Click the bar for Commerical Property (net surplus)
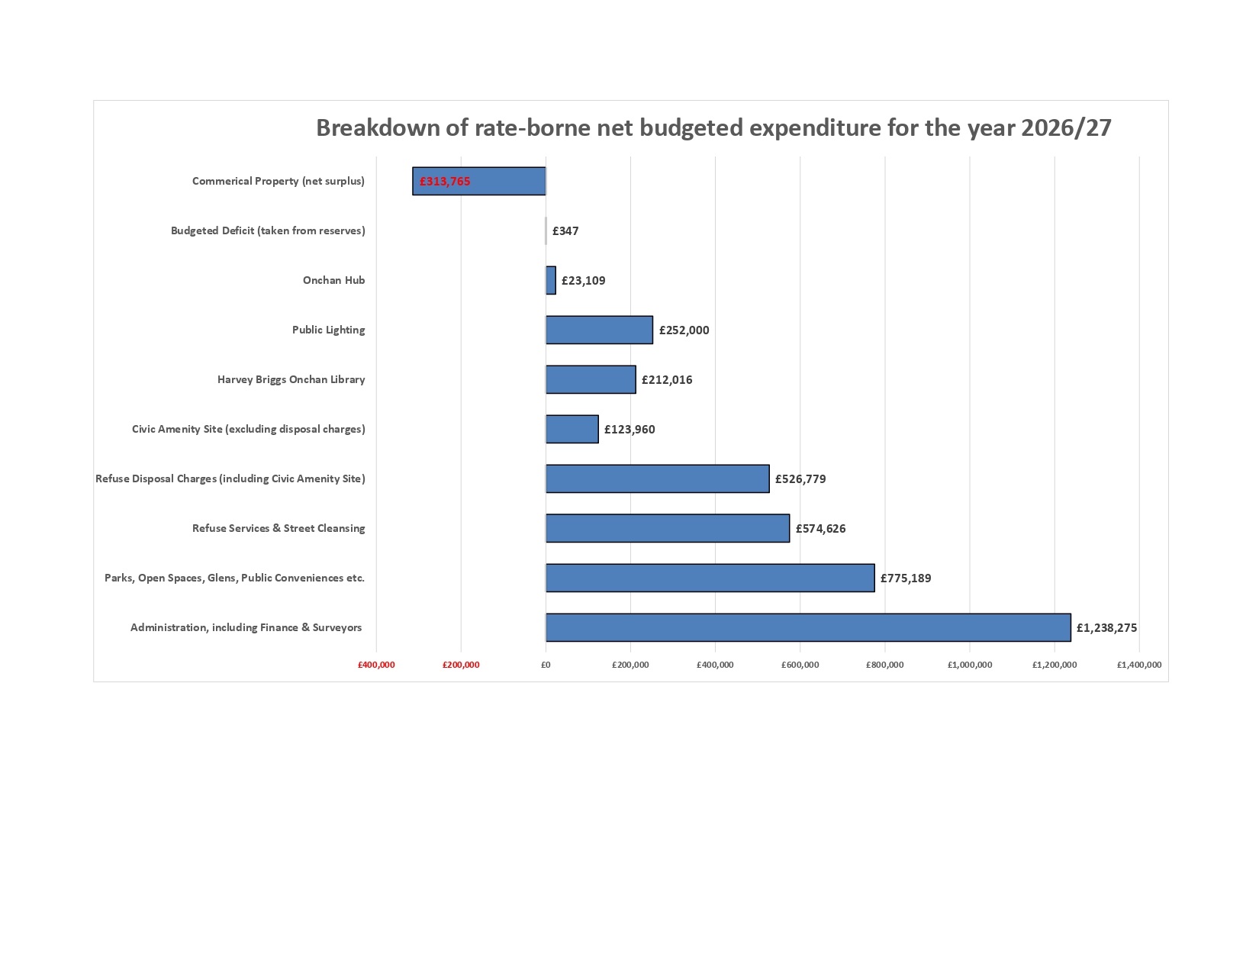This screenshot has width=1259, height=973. (x=479, y=181)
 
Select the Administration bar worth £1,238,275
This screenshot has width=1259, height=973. (x=808, y=627)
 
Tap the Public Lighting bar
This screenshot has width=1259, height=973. (x=599, y=330)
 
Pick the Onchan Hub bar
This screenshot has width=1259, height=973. (x=551, y=280)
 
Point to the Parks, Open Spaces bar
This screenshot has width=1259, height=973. (x=710, y=578)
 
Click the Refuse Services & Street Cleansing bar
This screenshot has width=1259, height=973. (x=668, y=528)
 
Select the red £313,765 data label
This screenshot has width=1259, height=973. (x=445, y=182)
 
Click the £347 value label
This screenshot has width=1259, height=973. (x=565, y=230)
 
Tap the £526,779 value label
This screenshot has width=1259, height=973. (x=800, y=479)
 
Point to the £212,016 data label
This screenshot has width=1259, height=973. (x=667, y=380)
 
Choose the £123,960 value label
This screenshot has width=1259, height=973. (x=629, y=430)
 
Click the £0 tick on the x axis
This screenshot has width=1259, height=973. (x=546, y=665)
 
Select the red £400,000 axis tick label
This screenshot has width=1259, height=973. (x=376, y=665)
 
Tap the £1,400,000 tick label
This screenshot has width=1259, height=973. (x=1139, y=665)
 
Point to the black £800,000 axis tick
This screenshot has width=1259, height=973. (x=885, y=665)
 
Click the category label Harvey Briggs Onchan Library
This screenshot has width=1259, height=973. (x=291, y=379)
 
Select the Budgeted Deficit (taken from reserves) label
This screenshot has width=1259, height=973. (x=268, y=230)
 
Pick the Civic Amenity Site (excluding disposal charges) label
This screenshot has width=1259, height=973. (x=248, y=429)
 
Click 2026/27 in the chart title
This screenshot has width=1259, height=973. (x=1066, y=127)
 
